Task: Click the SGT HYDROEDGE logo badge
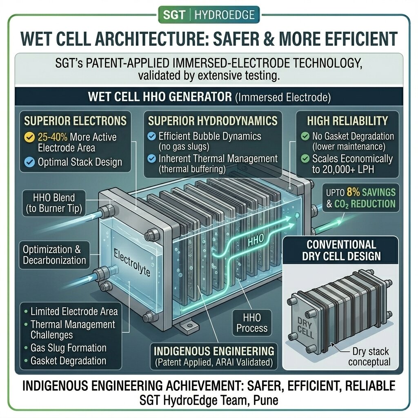tap(209, 15)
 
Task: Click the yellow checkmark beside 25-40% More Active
tap(29, 137)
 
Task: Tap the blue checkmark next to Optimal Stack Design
tap(29, 162)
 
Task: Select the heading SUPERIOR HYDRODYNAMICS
tap(213, 121)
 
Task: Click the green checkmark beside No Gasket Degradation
tap(305, 136)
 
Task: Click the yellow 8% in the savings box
tap(353, 192)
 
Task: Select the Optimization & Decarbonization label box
tap(54, 255)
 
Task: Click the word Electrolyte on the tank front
tap(132, 262)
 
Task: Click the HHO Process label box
tap(252, 323)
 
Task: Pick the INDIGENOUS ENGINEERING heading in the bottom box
tap(214, 351)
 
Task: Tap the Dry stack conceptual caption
tap(369, 357)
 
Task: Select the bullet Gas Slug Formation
tap(68, 348)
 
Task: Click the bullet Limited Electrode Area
tap(74, 311)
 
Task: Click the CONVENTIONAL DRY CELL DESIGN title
tap(342, 250)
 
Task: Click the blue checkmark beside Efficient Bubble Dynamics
tap(152, 136)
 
